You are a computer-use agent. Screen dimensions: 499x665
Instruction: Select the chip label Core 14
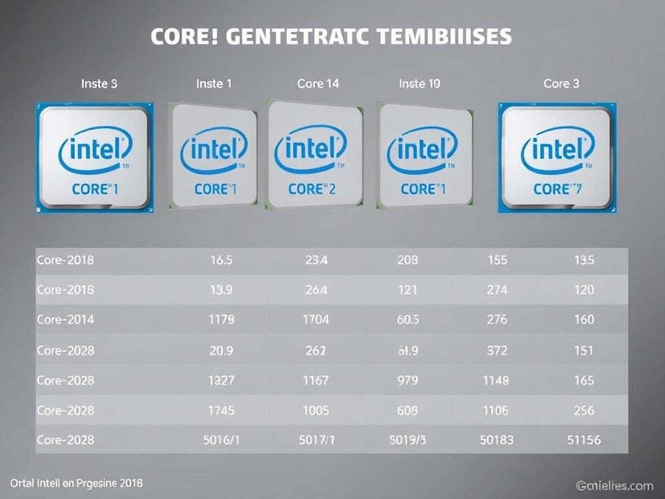(318, 84)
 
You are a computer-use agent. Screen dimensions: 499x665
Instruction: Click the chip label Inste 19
(420, 84)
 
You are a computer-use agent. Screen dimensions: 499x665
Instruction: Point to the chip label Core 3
(561, 84)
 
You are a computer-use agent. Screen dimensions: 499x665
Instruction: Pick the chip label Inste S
(99, 84)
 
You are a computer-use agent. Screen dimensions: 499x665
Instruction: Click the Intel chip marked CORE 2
(315, 155)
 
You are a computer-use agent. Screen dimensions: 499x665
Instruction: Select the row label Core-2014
(65, 320)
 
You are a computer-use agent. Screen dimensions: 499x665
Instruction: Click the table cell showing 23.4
(316, 260)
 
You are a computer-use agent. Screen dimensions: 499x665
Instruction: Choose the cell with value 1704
(316, 320)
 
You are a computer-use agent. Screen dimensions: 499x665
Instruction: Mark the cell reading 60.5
(407, 320)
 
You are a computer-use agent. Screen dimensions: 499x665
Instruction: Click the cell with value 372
(497, 350)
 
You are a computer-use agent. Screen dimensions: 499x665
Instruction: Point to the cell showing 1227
(221, 380)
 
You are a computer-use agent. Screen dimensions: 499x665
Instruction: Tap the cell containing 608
(407, 410)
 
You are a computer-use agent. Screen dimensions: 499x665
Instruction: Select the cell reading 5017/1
(316, 440)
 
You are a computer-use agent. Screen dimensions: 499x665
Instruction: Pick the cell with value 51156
(584, 440)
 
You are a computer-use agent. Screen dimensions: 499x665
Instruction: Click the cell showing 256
(584, 410)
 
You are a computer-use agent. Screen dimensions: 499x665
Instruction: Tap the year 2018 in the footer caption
(130, 483)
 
